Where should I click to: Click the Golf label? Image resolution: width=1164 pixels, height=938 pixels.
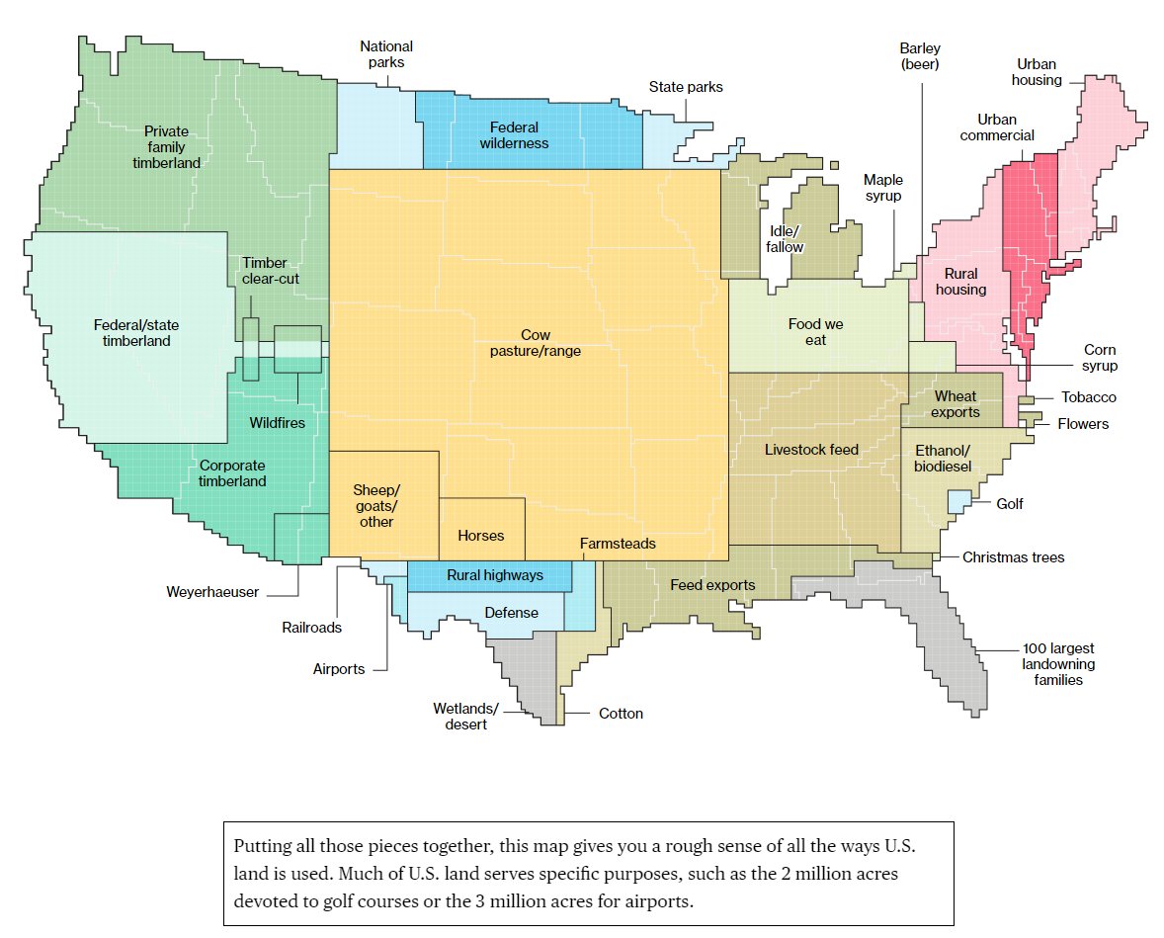1009,504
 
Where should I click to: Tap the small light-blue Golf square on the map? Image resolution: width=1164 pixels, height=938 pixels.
956,501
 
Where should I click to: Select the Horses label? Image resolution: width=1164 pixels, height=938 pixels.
481,536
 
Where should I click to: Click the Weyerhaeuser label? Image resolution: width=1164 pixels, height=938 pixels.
212,592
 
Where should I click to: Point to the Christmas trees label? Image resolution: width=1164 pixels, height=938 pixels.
1014,557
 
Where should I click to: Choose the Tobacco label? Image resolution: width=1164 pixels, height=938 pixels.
1089,397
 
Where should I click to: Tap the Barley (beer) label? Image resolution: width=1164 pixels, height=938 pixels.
919,56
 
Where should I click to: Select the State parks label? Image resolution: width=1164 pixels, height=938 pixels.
686,87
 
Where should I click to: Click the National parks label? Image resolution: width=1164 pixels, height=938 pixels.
386,54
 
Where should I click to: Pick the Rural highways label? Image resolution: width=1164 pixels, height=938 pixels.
494,574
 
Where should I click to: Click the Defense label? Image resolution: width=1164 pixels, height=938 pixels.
511,613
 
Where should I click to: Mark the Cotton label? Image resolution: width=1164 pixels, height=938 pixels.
621,714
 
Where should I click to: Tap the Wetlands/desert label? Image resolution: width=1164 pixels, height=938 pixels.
465,717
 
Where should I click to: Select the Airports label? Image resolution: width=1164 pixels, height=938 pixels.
339,669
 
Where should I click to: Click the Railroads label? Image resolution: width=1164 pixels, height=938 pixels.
311,627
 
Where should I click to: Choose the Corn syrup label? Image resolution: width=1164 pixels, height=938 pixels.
1100,358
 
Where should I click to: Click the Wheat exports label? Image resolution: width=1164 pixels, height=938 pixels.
955,404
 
